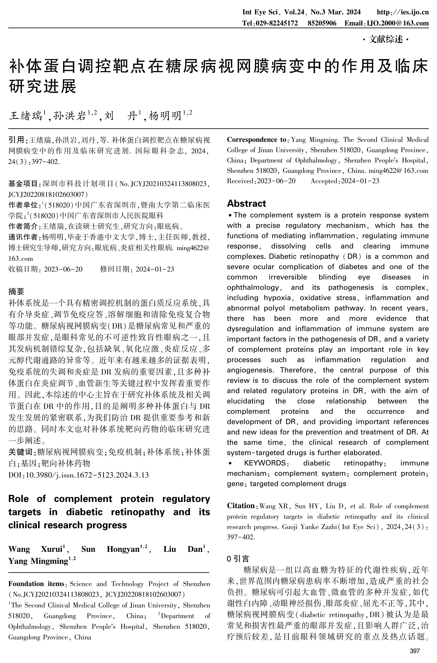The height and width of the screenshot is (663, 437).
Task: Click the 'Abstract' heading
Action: tap(246, 203)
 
